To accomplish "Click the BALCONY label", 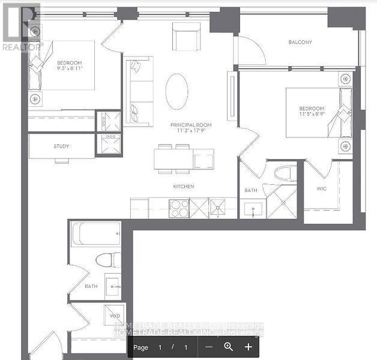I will click(299, 42).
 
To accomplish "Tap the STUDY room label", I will click(61, 146).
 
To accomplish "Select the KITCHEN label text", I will click(184, 187).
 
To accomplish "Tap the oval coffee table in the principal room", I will click(176, 91).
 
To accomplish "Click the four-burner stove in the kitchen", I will click(179, 208).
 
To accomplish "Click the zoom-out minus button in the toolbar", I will click(208, 347).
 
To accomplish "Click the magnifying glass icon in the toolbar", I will click(228, 347).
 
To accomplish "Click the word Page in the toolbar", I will click(140, 347).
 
